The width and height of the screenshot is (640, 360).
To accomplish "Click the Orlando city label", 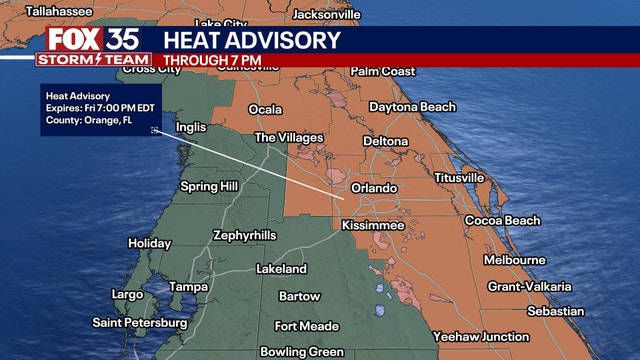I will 375,188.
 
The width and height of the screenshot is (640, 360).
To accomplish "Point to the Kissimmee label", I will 373,226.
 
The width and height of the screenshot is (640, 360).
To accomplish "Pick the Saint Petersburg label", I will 139,323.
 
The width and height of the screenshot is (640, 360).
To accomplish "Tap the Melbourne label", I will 514,260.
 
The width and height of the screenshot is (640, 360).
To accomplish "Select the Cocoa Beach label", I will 502,221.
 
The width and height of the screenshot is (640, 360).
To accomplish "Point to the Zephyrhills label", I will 244,236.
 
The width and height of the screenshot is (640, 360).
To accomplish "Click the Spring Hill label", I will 210,187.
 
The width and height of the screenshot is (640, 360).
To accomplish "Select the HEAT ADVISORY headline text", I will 251,41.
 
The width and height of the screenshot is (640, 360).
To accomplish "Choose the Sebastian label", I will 557,311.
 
